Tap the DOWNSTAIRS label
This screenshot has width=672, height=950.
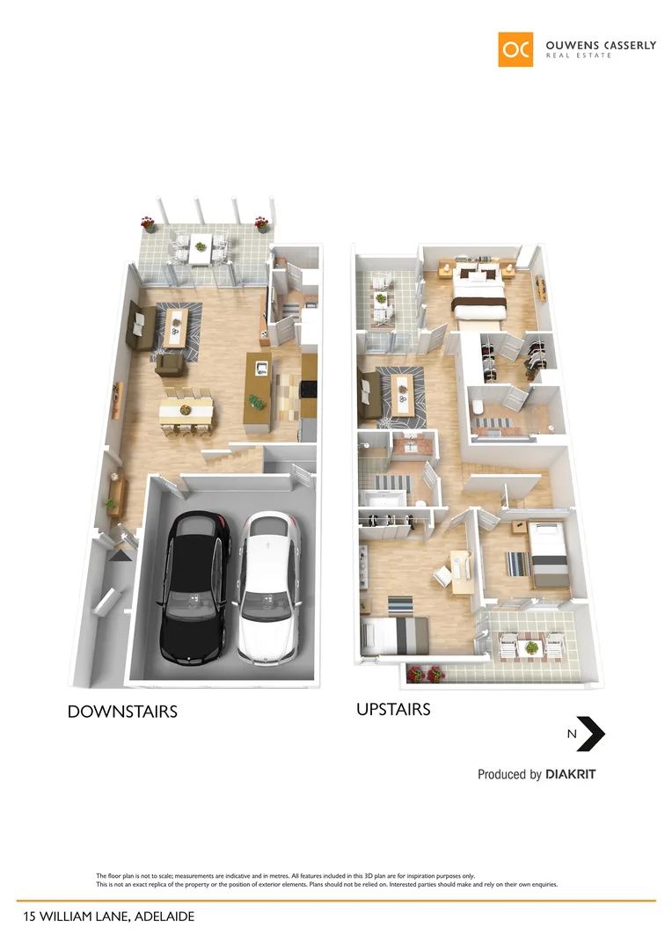pos(122,712)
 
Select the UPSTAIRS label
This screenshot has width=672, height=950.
pos(393,708)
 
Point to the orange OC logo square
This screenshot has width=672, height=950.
pos(515,49)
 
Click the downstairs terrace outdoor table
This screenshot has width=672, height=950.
pos(201,248)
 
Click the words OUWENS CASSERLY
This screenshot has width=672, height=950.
pos(600,45)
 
